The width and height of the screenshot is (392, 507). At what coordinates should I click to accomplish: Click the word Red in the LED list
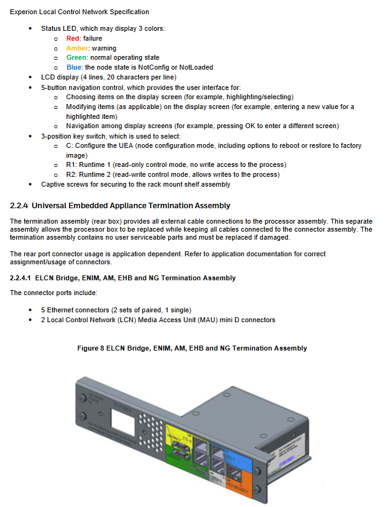(73, 38)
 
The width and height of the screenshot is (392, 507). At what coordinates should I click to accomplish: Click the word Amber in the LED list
(78, 48)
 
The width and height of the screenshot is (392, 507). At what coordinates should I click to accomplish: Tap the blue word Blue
(74, 67)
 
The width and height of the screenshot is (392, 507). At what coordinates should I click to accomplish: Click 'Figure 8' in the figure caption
(90, 348)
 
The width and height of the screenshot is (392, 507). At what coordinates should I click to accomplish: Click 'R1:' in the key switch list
(71, 165)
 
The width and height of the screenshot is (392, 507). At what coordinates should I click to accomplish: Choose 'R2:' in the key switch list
(71, 174)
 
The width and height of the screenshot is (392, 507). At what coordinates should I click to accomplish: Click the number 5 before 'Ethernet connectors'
(43, 310)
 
